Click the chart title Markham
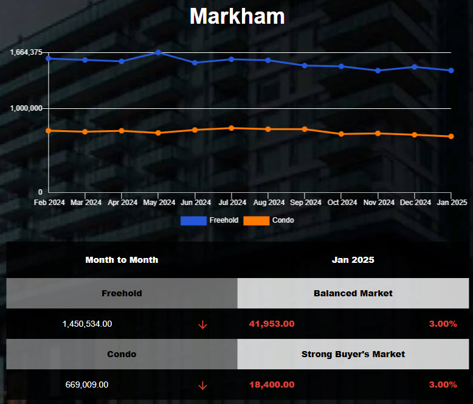(236, 16)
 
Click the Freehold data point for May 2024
(158, 52)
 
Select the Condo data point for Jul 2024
(232, 128)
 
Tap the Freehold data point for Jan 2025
(451, 71)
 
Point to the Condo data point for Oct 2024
(341, 134)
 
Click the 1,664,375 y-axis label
(26, 52)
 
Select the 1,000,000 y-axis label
(26, 108)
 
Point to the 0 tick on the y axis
(40, 192)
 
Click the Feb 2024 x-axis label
(49, 203)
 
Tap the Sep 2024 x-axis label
(305, 203)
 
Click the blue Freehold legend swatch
(193, 220)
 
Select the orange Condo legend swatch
(256, 220)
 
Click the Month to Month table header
(122, 260)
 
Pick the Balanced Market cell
(353, 293)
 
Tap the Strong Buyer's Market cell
(353, 354)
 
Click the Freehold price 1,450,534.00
(87, 324)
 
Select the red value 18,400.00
(272, 385)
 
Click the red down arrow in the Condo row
(202, 385)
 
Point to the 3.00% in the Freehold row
(443, 324)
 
